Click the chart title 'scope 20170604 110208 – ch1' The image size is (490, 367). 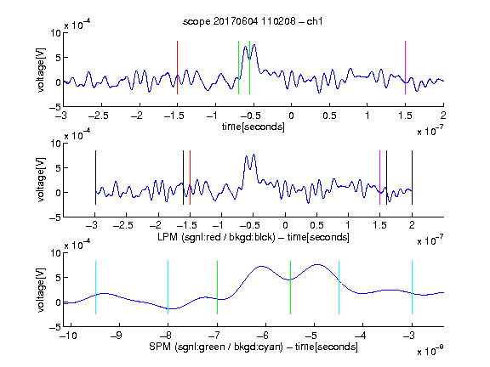tap(253, 21)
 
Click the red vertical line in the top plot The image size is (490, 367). tap(177, 67)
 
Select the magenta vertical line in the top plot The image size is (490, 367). tap(405, 67)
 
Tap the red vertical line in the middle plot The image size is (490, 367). tap(190, 178)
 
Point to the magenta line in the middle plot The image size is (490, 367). tap(379, 178)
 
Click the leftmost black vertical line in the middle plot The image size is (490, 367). tap(95, 178)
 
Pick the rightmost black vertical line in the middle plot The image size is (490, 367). tap(412, 178)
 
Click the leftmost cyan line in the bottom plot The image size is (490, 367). tap(95, 287)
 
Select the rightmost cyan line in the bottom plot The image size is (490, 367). tap(412, 287)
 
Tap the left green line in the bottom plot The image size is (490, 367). tap(217, 287)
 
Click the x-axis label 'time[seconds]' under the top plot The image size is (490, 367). tap(254, 127)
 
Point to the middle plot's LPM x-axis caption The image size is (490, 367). tap(254, 237)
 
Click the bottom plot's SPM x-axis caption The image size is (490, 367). tap(254, 347)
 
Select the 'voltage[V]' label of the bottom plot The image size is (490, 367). tap(41, 290)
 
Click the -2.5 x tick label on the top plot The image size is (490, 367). tap(98, 116)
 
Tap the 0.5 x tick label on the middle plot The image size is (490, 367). tap(316, 225)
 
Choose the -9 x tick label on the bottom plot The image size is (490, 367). tap(117, 336)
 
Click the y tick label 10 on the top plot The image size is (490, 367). tap(56, 33)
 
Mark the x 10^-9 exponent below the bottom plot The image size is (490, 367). tap(430, 351)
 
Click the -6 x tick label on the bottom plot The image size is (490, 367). tap(263, 336)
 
